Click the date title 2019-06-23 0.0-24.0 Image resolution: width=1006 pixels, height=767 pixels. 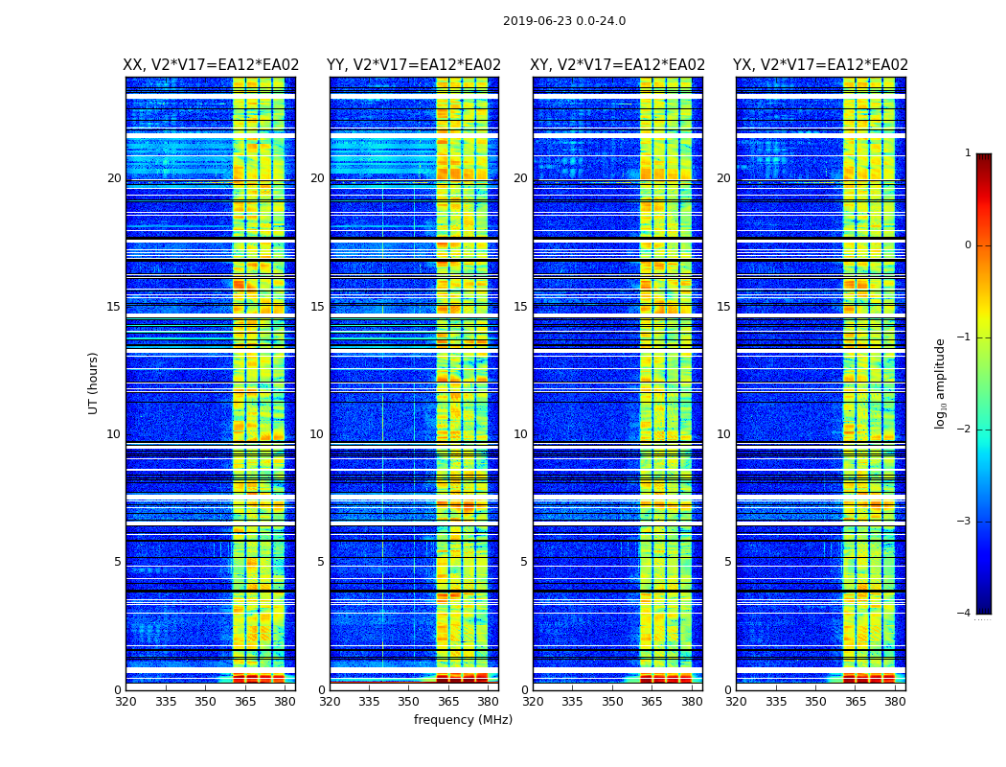(563, 21)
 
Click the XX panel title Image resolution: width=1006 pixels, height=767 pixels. (211, 65)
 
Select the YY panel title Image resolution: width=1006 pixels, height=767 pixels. (414, 65)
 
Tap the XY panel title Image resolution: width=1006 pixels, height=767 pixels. (618, 65)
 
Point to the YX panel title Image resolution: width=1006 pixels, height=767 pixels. (820, 65)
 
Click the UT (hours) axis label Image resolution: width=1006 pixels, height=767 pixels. (93, 383)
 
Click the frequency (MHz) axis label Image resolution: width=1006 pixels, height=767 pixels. (463, 720)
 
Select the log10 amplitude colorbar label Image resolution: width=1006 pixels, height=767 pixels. (940, 383)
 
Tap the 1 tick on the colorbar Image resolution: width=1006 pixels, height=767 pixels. (968, 153)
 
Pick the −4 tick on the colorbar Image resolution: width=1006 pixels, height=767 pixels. (965, 614)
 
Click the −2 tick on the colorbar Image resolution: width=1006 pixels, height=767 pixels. (965, 430)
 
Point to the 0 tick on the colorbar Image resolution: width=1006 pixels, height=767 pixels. (968, 245)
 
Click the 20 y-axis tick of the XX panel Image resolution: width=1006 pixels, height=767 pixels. (114, 178)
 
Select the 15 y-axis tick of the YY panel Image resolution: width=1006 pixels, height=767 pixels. (317, 307)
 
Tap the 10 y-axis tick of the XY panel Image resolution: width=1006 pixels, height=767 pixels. (520, 434)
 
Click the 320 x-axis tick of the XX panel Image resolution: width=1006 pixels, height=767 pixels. (126, 702)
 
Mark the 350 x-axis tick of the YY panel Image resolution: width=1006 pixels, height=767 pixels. (409, 702)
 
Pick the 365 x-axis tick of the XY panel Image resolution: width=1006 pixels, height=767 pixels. (652, 702)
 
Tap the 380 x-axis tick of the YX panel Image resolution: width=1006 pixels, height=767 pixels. (895, 702)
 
